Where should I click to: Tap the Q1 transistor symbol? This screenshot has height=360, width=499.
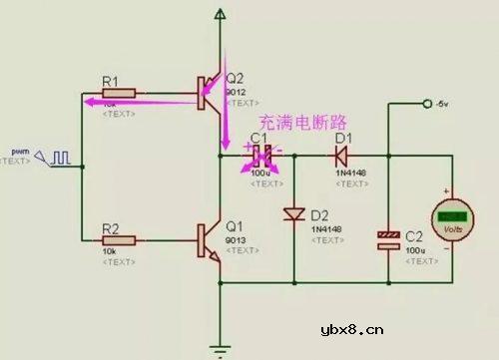click(x=210, y=240)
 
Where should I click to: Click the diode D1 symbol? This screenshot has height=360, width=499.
click(x=342, y=156)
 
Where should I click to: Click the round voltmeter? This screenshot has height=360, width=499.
click(x=453, y=218)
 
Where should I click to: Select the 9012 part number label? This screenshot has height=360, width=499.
click(x=237, y=93)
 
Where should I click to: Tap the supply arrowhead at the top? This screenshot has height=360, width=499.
click(x=221, y=13)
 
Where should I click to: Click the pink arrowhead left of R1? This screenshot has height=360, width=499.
click(x=88, y=100)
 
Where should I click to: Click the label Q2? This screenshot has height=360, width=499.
click(x=236, y=79)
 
